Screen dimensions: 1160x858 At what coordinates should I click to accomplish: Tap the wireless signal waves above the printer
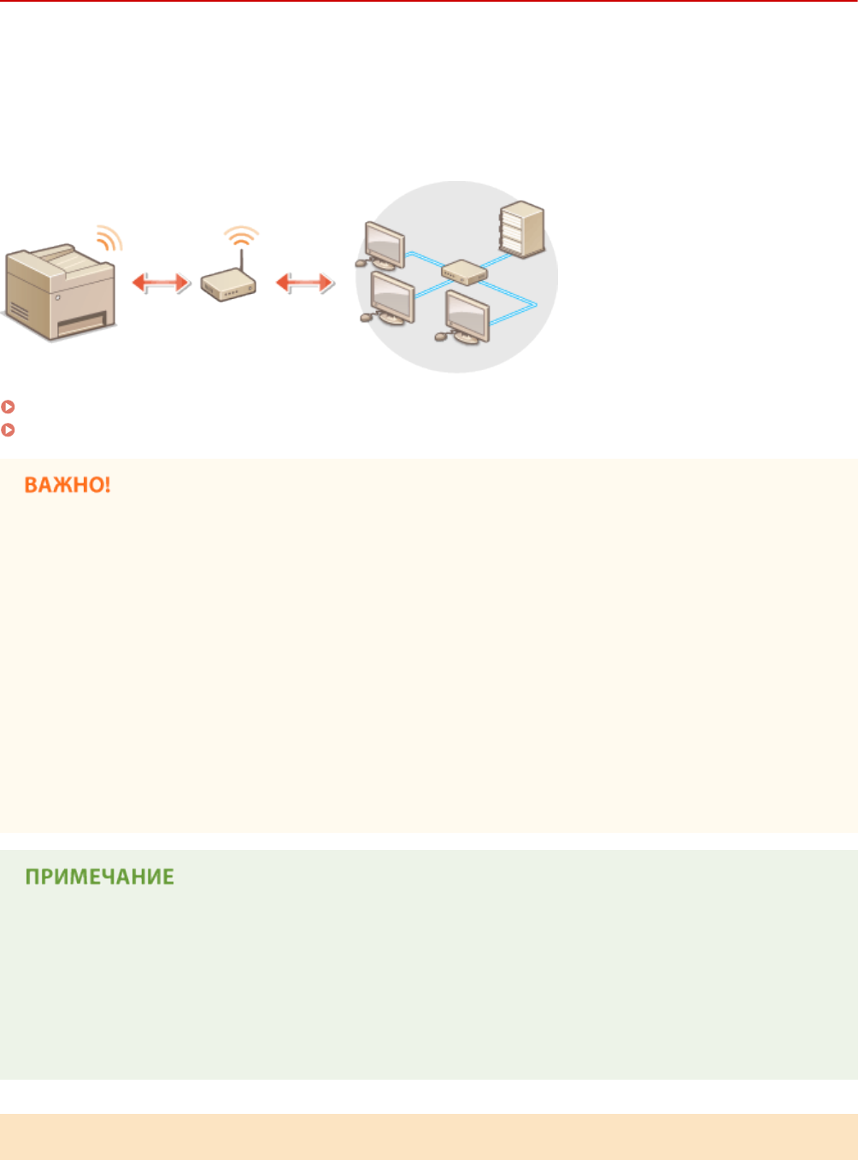[109, 238]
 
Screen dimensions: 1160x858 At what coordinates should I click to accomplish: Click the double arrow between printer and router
[161, 283]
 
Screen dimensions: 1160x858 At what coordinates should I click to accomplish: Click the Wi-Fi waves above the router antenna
[241, 235]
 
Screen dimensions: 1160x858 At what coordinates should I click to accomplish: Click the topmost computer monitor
[384, 246]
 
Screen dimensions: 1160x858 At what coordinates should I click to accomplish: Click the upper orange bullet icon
[7, 407]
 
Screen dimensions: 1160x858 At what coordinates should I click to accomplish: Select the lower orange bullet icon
[7, 430]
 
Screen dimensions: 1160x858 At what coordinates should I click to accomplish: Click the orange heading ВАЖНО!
[68, 485]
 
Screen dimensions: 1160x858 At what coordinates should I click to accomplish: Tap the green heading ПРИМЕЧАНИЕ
[99, 877]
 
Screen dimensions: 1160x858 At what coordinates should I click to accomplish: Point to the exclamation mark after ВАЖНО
[106, 485]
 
